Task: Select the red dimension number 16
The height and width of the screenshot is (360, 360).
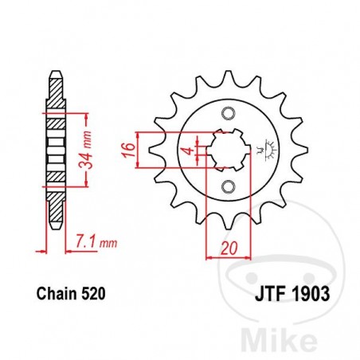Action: (x=127, y=150)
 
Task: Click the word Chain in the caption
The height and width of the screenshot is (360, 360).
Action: (x=53, y=294)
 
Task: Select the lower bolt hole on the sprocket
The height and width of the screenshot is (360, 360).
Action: (x=229, y=188)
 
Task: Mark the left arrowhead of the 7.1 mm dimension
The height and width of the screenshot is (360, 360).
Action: (x=44, y=250)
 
